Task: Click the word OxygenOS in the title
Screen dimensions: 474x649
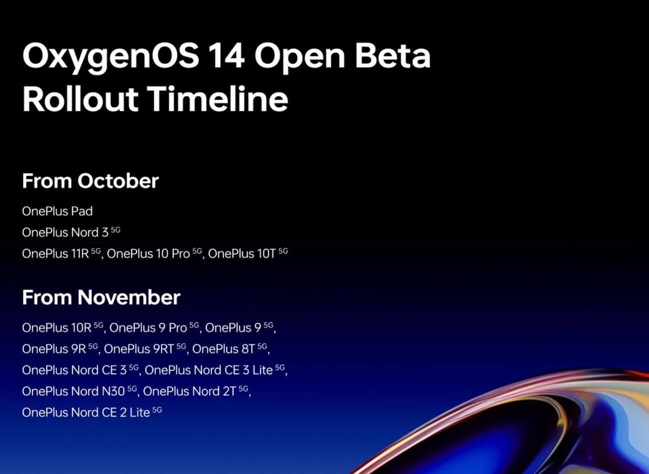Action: pyautogui.click(x=110, y=56)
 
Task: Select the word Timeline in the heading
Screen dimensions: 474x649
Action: pyautogui.click(x=218, y=98)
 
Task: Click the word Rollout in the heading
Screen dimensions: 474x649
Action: pyautogui.click(x=80, y=98)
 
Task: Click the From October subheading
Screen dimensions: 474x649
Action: pyautogui.click(x=90, y=181)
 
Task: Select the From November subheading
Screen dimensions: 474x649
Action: pyautogui.click(x=101, y=297)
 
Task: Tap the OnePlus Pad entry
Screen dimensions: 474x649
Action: pyautogui.click(x=57, y=211)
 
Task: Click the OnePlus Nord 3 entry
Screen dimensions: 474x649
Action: pyautogui.click(x=65, y=232)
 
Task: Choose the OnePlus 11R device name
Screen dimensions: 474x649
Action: pyautogui.click(x=55, y=254)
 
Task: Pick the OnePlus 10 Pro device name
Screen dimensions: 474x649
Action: pyautogui.click(x=149, y=254)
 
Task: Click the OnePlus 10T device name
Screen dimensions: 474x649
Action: pyautogui.click(x=242, y=254)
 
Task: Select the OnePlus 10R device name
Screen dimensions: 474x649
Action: pyautogui.click(x=57, y=328)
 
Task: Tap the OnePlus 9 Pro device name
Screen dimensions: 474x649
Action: pyautogui.click(x=148, y=328)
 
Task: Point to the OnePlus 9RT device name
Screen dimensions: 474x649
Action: pyautogui.click(x=139, y=349)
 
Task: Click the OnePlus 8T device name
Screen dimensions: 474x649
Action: pyautogui.click(x=224, y=349)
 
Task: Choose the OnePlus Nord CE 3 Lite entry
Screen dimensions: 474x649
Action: pyautogui.click(x=209, y=370)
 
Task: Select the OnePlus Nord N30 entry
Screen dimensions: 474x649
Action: pyautogui.click(x=73, y=391)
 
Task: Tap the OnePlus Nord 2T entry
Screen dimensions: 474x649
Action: pyautogui.click(x=189, y=391)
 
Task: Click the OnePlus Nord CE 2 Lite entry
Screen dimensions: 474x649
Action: pyautogui.click(x=86, y=413)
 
